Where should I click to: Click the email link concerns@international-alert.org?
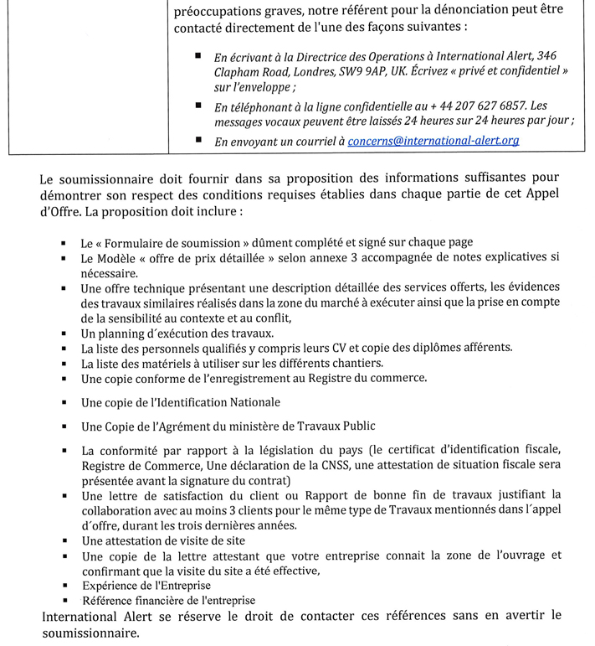click(x=433, y=141)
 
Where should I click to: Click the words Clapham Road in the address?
click(x=249, y=71)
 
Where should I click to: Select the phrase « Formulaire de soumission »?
click(x=172, y=243)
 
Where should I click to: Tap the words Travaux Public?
click(x=358, y=426)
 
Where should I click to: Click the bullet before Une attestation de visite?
click(x=64, y=540)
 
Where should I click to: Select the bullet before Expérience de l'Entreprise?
click(x=64, y=585)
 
